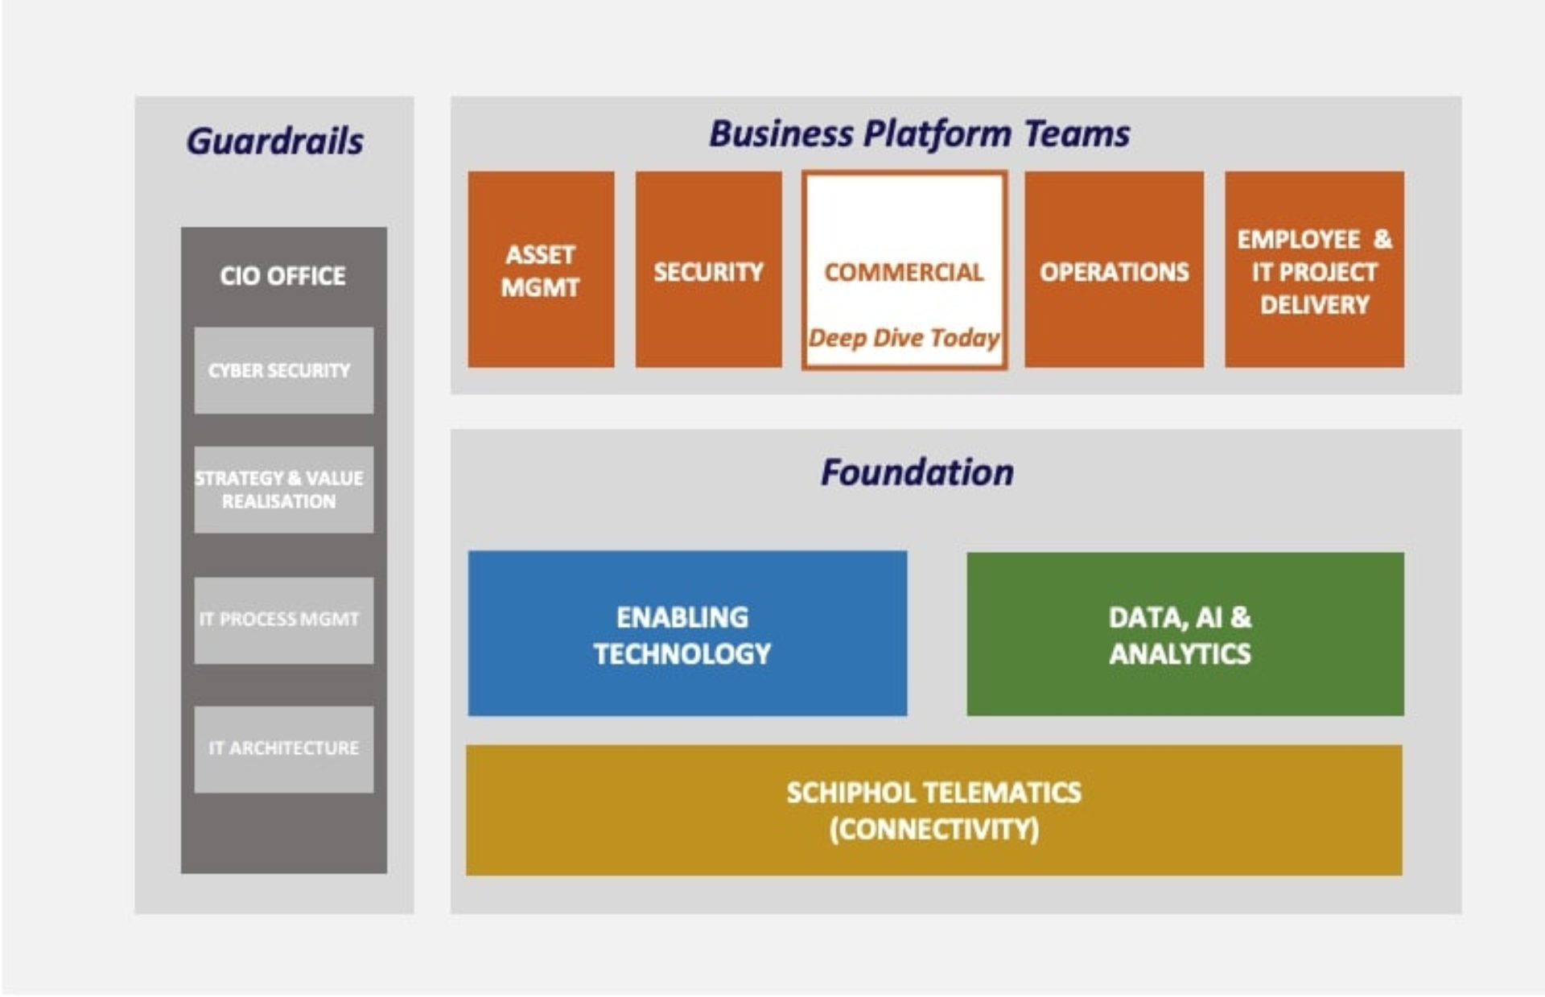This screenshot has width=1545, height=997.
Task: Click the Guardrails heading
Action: click(x=274, y=142)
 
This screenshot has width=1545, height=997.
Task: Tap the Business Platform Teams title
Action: click(x=919, y=134)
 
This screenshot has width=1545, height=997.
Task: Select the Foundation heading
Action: click(x=917, y=472)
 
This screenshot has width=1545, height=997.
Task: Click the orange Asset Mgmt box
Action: click(x=541, y=270)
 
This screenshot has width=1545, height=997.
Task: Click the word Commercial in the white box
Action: click(x=904, y=272)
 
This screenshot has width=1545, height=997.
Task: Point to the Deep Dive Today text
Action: click(x=904, y=338)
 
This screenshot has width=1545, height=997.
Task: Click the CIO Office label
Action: click(x=282, y=276)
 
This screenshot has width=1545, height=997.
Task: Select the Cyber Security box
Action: click(x=283, y=370)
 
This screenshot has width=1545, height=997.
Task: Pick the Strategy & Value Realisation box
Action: click(x=283, y=489)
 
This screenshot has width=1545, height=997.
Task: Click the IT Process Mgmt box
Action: click(x=283, y=620)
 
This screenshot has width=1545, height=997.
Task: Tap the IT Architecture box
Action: click(x=283, y=748)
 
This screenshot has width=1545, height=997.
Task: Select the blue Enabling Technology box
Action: click(x=686, y=634)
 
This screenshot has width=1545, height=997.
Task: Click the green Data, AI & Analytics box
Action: click(x=1184, y=634)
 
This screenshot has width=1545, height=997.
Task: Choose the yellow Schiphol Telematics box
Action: click(x=933, y=810)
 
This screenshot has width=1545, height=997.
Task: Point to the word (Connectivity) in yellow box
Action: click(x=933, y=830)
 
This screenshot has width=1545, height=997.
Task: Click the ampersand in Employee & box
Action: click(x=1382, y=239)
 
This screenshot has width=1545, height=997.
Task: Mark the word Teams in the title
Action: click(x=1077, y=134)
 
